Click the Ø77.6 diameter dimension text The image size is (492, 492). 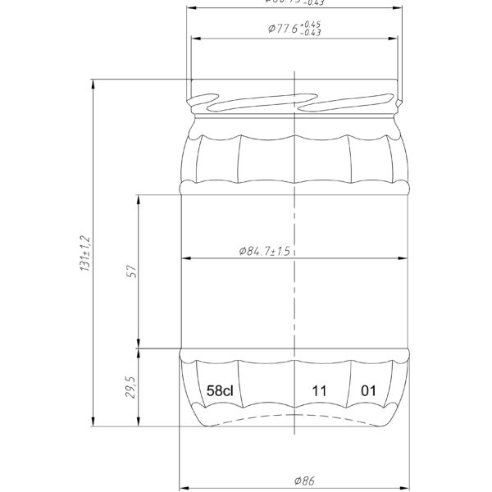coord(284,29)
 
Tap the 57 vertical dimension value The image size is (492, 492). coord(131,271)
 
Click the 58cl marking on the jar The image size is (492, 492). coord(221,391)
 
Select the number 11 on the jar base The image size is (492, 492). coord(320,391)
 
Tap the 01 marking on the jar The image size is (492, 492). coord(369,391)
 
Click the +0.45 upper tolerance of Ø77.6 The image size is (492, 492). coord(312,24)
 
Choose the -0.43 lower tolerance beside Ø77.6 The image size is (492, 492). coord(312,33)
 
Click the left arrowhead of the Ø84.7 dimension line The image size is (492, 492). coord(185,258)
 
